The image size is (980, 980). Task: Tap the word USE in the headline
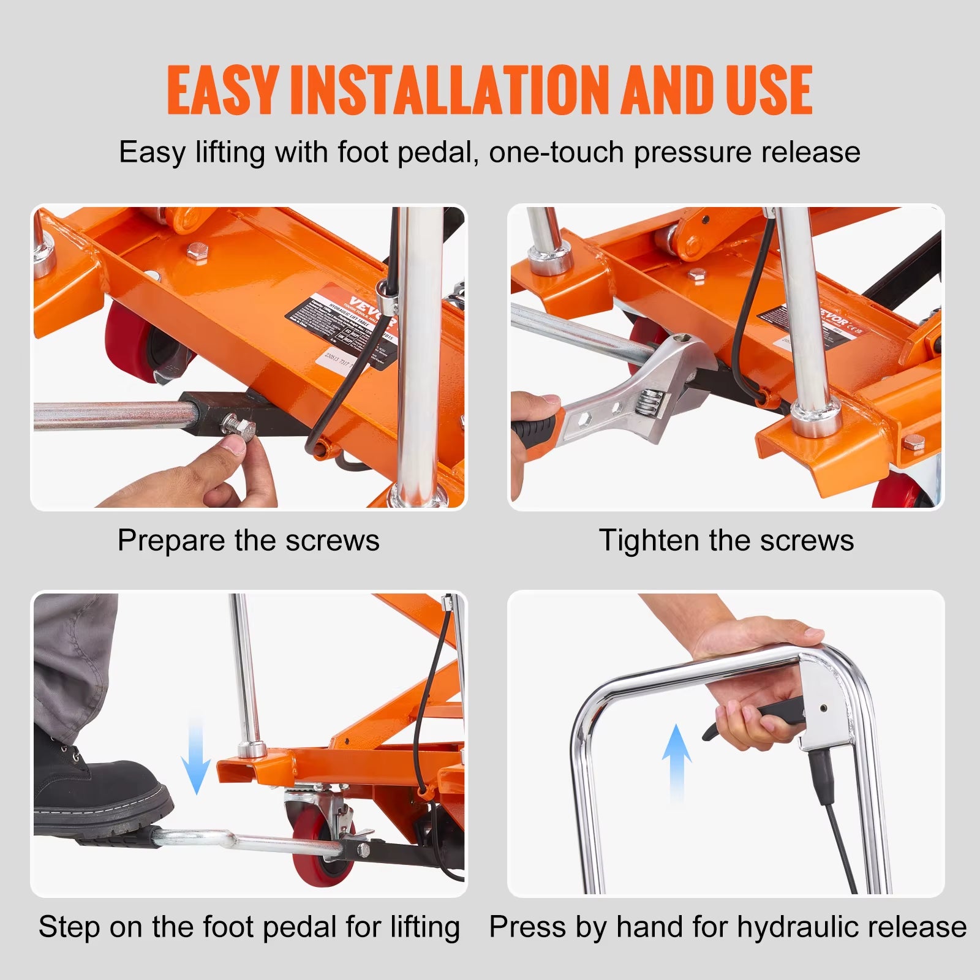[x=769, y=90]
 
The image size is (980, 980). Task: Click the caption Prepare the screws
[x=248, y=540]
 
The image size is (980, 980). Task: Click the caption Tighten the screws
[x=726, y=540]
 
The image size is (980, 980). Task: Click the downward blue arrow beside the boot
[x=196, y=756]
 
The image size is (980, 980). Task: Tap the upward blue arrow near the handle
[x=676, y=763]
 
